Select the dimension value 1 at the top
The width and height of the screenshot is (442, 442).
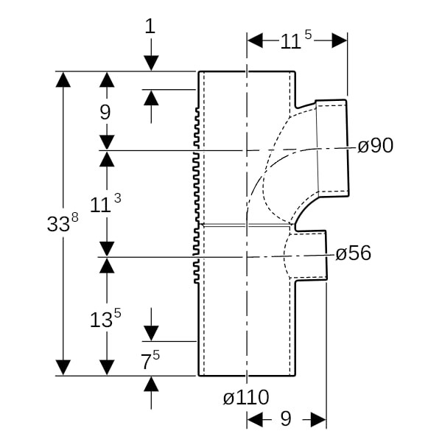pos(151,27)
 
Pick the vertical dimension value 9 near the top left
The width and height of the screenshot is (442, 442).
pos(105,112)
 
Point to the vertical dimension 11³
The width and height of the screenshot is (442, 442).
pos(105,204)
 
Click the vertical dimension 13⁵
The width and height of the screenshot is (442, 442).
pos(105,319)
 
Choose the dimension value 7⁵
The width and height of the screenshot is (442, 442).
pos(151,360)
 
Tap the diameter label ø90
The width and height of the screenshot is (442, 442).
pos(375,146)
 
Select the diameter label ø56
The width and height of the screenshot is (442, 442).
pos(353,254)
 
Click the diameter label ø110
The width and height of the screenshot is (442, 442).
pos(246,398)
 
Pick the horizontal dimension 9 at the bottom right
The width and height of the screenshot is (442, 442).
pos(286,419)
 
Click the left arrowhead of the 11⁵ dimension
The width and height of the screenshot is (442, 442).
pos(255,41)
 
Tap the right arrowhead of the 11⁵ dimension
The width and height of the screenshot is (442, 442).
pos(340,41)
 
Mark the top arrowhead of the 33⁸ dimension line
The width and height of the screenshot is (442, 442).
pos(63,79)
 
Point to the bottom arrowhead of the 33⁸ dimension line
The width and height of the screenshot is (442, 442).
pos(63,367)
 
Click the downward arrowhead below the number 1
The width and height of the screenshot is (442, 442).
pos(151,63)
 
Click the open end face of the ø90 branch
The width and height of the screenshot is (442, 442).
pos(347,147)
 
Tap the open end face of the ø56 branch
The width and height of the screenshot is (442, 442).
pos(326,255)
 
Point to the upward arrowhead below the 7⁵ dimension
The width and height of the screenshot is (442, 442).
pos(151,384)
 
